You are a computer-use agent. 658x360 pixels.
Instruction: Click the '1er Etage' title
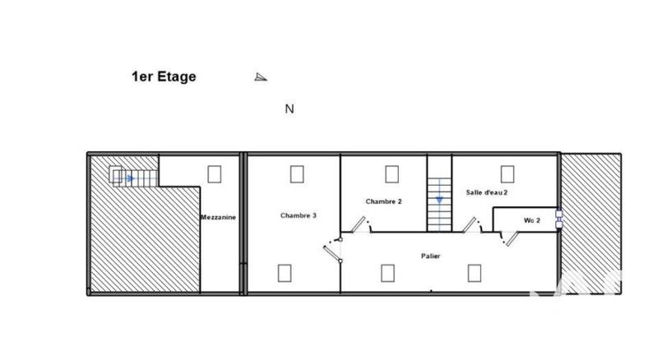pos(164,77)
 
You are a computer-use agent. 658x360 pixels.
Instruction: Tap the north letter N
pos(290,108)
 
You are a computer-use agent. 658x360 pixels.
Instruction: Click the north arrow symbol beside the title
pos(261,77)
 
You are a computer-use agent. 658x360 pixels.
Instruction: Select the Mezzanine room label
pos(219,217)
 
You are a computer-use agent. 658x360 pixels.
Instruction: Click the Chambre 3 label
pos(299,215)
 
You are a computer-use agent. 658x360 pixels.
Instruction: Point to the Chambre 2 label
pos(383,201)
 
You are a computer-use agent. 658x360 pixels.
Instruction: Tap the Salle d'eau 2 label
pos(487,192)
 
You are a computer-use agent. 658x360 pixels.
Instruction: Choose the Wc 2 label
pos(531,219)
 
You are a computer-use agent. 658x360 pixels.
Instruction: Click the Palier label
pos(430,256)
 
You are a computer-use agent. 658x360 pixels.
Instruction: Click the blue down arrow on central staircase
pos(439,198)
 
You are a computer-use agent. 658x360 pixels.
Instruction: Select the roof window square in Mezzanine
pos(215,173)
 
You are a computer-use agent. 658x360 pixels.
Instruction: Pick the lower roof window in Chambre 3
pos(285,272)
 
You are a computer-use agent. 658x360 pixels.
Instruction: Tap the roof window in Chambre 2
pos(392,173)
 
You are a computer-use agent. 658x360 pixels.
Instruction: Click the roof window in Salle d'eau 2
pos(507,173)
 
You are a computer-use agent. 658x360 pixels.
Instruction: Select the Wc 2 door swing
pos(512,238)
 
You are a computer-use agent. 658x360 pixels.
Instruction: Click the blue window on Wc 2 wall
pos(559,219)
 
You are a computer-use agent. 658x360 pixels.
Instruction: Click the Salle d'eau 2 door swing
pos(472,224)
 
